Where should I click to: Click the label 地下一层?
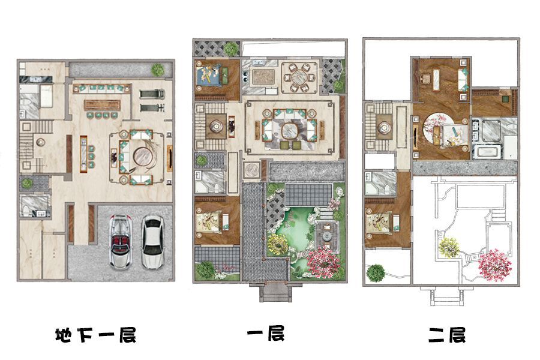click(95, 335)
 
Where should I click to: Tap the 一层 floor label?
click(266, 334)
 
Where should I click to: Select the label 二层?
click(447, 335)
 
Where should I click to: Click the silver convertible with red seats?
click(120, 241)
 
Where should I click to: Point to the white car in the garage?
click(153, 241)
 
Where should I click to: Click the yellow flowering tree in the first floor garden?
click(278, 245)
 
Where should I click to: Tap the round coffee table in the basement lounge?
click(143, 157)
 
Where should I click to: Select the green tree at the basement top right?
click(158, 70)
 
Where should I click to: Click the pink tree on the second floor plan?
click(495, 265)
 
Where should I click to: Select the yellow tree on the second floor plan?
click(449, 247)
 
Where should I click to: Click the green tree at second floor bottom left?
click(376, 273)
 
